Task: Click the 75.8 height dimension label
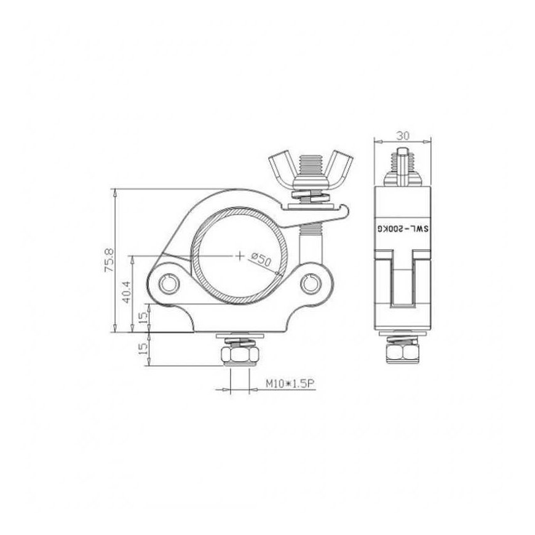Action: point(109,260)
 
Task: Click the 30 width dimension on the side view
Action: point(403,135)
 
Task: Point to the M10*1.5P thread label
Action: point(290,384)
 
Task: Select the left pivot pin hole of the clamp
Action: point(169,283)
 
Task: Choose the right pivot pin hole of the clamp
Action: point(311,283)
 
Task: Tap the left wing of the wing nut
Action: point(282,168)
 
